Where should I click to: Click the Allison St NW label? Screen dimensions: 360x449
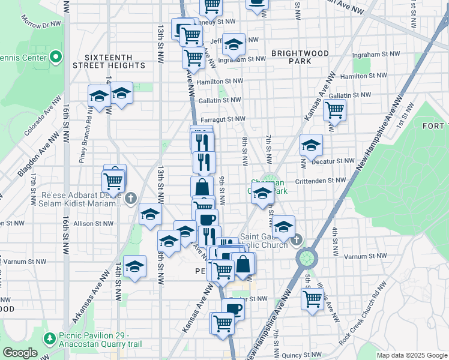(x=93, y=223)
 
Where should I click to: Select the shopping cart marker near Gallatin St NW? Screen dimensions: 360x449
(x=334, y=110)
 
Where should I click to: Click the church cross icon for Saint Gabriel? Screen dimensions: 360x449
(x=295, y=241)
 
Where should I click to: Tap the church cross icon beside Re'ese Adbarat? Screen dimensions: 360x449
(x=132, y=198)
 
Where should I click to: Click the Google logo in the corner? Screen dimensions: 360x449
(x=20, y=353)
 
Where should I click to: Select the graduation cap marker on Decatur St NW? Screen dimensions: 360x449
(x=311, y=145)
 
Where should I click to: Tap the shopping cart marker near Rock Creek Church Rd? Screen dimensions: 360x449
(x=313, y=298)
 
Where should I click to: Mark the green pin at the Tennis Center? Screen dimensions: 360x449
(x=56, y=58)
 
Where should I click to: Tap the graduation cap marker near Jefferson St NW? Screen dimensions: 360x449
(x=234, y=44)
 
